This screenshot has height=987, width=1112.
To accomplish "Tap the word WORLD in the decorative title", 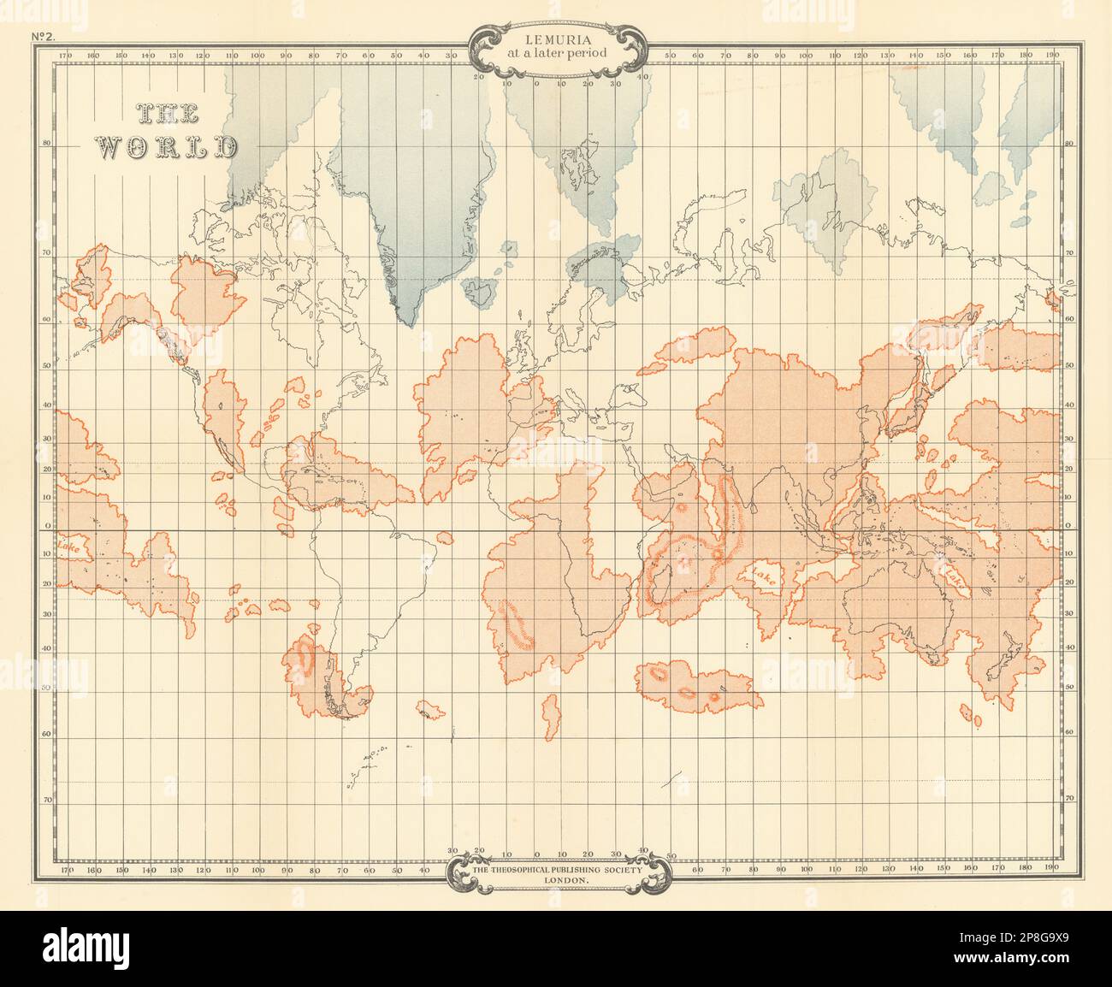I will (165, 146).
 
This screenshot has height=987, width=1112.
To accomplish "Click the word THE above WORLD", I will (166, 113).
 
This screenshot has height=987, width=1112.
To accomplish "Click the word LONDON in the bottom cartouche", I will (556, 879).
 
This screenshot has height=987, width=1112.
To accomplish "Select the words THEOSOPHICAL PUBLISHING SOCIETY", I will (556, 869).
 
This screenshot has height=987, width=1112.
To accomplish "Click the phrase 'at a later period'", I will (556, 54).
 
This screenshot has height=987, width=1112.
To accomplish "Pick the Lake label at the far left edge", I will (66, 545).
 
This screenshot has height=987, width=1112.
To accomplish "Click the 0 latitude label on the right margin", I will (1069, 528).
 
